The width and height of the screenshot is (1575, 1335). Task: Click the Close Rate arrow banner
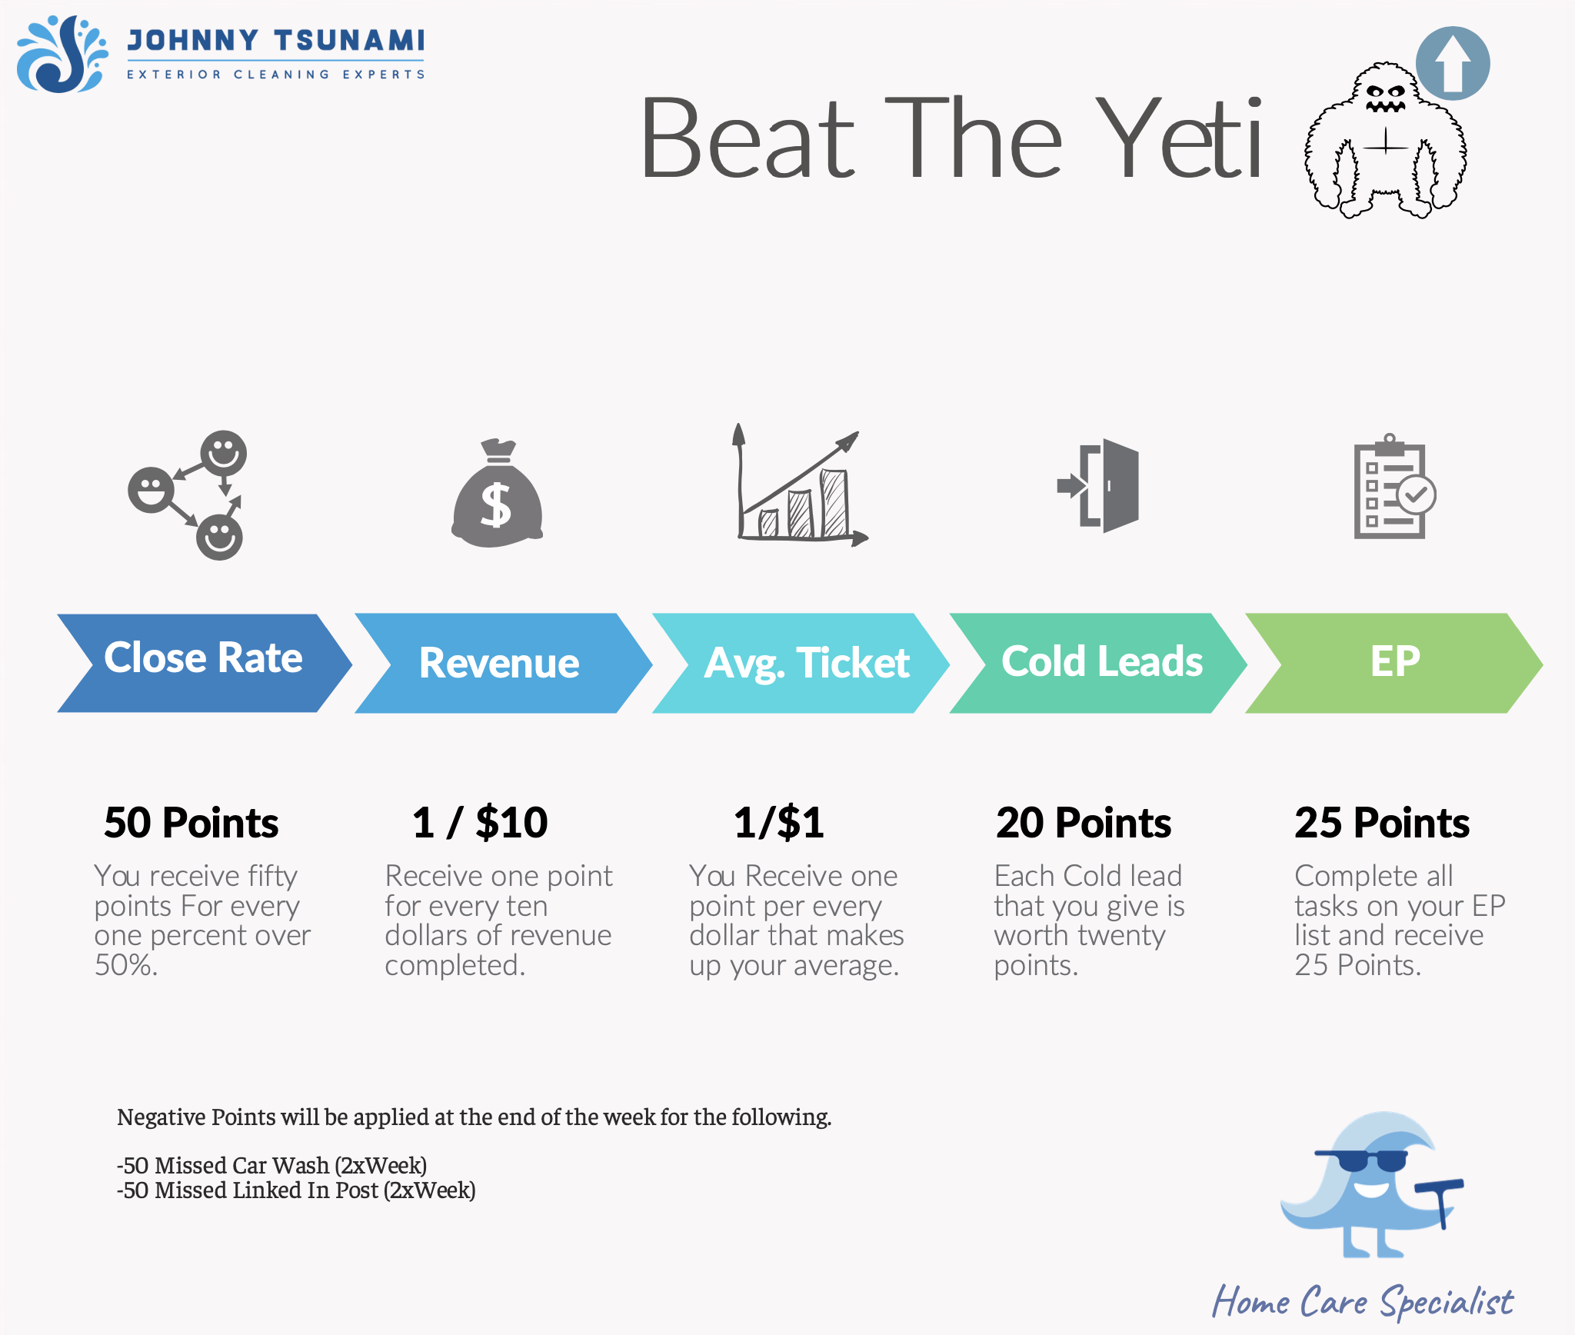click(205, 663)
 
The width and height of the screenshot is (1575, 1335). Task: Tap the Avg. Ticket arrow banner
click(801, 663)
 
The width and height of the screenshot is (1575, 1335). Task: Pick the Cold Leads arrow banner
click(1098, 663)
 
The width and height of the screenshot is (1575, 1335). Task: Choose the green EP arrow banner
click(1394, 663)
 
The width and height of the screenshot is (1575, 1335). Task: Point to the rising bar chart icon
click(800, 484)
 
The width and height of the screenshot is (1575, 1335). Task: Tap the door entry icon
click(1098, 486)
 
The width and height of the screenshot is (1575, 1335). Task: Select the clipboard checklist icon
click(1394, 486)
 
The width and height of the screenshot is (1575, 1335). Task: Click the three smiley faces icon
click(187, 494)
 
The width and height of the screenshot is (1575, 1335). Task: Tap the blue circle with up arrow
click(1453, 64)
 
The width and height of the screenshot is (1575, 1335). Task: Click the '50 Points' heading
click(191, 823)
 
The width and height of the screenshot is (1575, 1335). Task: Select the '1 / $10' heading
click(480, 823)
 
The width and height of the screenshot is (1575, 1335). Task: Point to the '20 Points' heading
click(1084, 823)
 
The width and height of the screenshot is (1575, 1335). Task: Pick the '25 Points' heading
click(1382, 823)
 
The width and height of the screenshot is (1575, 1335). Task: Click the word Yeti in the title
click(1180, 139)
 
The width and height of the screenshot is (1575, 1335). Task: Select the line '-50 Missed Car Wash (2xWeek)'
click(271, 1166)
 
